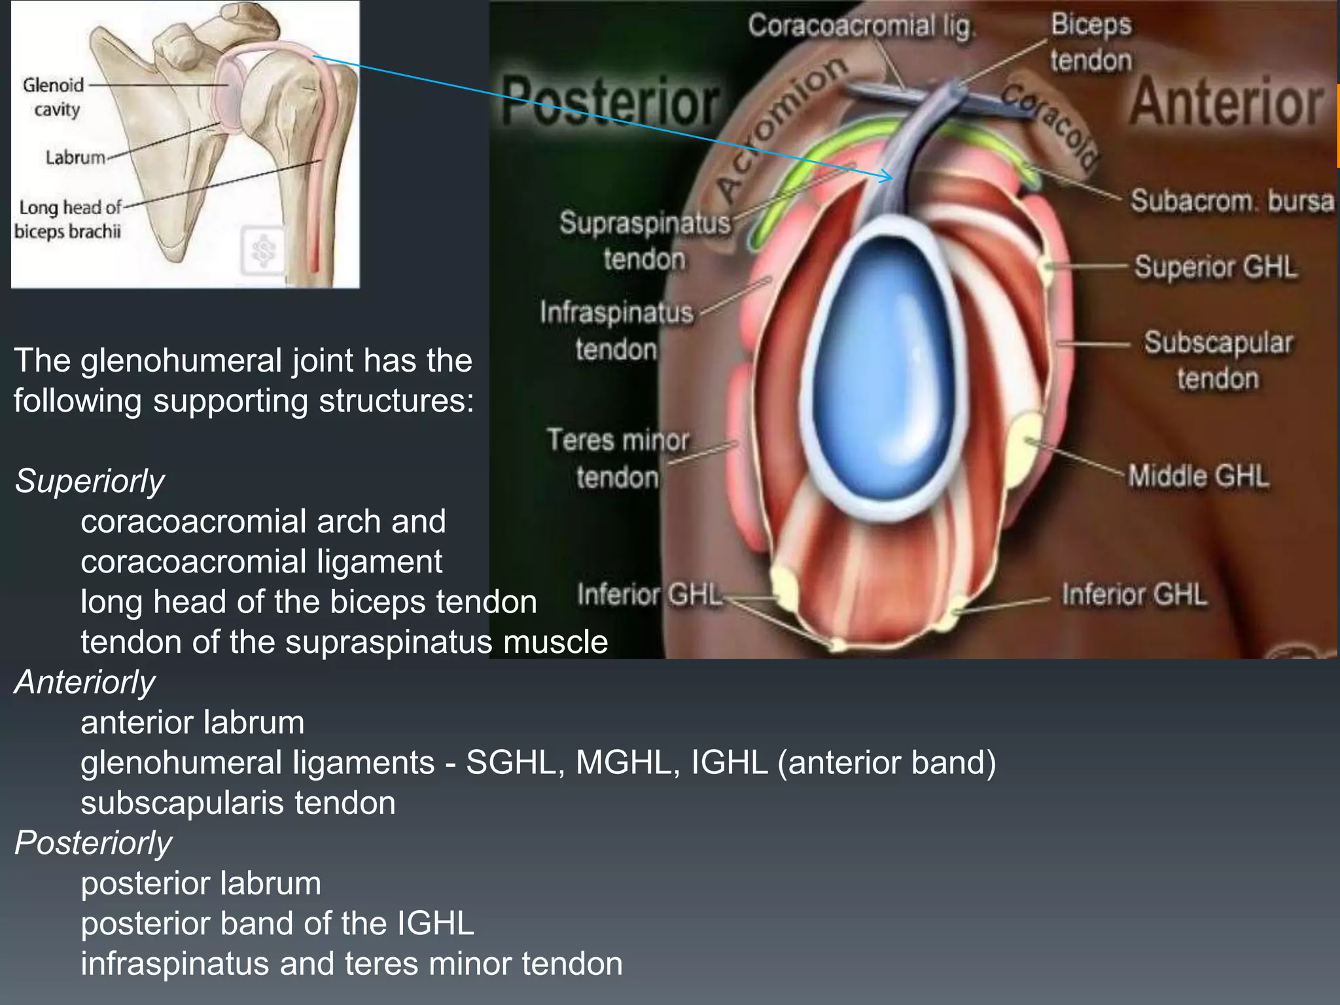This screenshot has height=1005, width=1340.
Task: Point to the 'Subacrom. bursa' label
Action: click(x=1231, y=201)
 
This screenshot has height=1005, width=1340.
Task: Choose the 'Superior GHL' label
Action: click(x=1215, y=268)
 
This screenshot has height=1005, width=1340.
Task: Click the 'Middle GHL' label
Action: click(x=1198, y=476)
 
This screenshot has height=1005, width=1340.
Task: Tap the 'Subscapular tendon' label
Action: click(x=1218, y=361)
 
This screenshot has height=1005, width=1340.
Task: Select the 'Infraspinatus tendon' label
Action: click(x=616, y=330)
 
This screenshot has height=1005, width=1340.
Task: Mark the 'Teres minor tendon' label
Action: click(x=618, y=458)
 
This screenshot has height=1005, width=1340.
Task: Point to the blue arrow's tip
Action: click(x=891, y=177)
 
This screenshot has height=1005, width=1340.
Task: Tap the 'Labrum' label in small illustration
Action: click(x=75, y=158)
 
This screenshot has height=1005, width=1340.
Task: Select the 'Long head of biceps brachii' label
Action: click(x=69, y=219)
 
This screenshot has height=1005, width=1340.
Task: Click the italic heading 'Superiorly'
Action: click(x=90, y=482)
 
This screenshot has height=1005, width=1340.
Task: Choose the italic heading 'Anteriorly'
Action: click(x=85, y=682)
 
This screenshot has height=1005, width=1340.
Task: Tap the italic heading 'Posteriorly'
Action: click(x=94, y=843)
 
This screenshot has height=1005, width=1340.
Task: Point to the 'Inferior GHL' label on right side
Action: click(x=1134, y=595)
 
